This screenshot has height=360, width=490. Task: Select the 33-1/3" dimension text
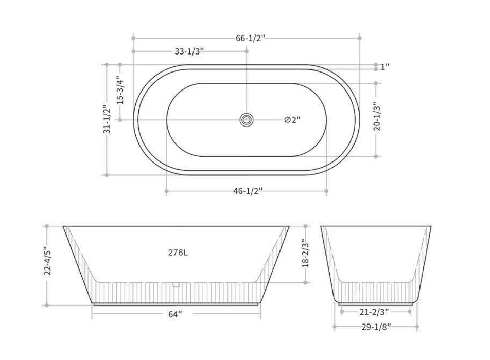190,51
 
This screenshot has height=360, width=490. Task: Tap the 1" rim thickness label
385,66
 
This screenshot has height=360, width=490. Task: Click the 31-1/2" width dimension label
107,119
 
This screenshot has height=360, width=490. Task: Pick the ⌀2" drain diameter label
292,120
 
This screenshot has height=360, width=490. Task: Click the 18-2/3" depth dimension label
305,254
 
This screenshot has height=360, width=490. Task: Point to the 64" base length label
176,314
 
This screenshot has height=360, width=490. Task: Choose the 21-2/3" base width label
374,312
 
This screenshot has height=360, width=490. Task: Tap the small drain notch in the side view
175,283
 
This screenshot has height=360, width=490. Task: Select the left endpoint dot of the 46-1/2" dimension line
166,191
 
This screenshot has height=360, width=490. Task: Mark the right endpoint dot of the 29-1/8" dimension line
417,326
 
